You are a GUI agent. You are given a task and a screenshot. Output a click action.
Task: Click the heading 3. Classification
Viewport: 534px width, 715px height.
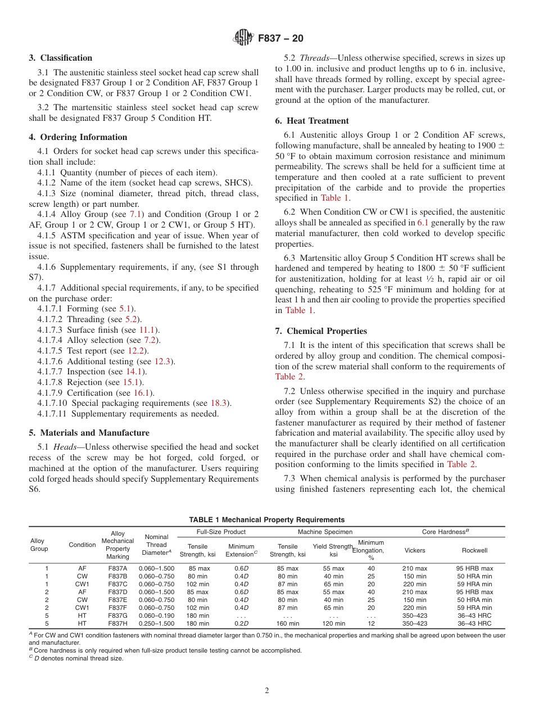pyautogui.click(x=60, y=58)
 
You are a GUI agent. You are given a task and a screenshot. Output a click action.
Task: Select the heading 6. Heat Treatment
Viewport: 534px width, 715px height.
pyautogui.click(x=311, y=121)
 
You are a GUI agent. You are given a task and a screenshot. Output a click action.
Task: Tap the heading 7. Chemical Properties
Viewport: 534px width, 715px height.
pyautogui.click(x=320, y=331)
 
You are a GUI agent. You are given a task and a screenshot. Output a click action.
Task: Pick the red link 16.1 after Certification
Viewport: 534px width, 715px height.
pyautogui.click(x=142, y=393)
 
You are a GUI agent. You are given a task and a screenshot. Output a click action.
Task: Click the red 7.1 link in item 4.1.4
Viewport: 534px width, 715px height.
pyautogui.click(x=135, y=214)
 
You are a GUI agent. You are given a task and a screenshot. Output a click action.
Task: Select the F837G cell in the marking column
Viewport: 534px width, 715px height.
pyautogui.click(x=117, y=616)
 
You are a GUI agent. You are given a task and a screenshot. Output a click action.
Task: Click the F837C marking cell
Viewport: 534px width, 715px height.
pyautogui.click(x=117, y=584)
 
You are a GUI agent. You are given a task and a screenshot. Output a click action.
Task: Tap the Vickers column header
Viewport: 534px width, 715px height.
pyautogui.click(x=415, y=550)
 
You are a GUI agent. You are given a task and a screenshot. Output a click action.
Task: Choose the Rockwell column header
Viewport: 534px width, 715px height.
pyautogui.click(x=474, y=550)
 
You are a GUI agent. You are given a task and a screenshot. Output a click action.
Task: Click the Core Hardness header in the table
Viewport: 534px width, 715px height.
pyautogui.click(x=445, y=532)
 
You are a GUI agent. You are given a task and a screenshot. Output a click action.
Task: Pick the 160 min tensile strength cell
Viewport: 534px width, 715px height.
pyautogui.click(x=288, y=623)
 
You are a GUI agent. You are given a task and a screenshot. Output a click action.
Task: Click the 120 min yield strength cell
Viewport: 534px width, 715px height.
pyautogui.click(x=333, y=623)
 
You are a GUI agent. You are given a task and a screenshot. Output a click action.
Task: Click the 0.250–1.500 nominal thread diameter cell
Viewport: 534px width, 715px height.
pyautogui.click(x=156, y=623)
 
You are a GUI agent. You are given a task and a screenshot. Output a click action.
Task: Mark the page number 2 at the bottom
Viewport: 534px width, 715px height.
pyautogui.click(x=267, y=691)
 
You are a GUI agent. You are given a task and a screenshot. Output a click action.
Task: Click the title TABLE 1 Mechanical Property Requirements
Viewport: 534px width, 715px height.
pyautogui.click(x=267, y=520)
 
